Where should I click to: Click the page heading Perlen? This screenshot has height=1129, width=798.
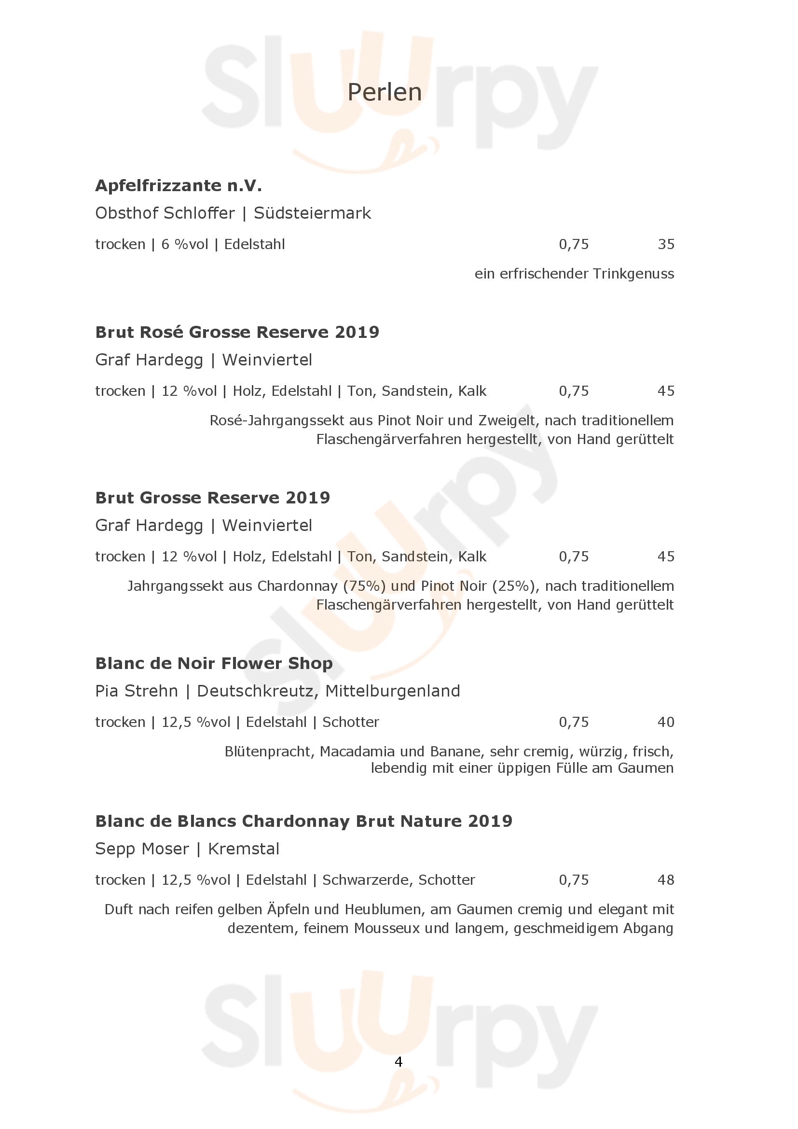click(384, 93)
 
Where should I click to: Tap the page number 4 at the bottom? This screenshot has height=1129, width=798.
click(399, 1061)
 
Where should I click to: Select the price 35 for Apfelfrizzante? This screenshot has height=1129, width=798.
click(666, 244)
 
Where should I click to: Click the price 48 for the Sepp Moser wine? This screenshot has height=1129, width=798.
click(666, 880)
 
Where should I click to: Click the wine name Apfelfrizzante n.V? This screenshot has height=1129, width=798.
click(179, 185)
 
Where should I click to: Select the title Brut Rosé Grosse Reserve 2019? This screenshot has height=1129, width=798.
click(237, 332)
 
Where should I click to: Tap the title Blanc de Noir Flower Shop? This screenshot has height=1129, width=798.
click(214, 663)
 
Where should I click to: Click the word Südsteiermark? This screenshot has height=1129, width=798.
click(312, 213)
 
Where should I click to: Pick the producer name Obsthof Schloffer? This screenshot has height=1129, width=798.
click(165, 213)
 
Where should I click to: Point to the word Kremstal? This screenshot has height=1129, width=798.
click(244, 849)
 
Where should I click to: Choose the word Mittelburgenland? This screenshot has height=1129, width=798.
click(393, 691)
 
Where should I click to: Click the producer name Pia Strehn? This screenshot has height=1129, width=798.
click(136, 691)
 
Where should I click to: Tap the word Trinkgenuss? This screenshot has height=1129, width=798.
click(633, 274)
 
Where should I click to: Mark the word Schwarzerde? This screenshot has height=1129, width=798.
click(367, 880)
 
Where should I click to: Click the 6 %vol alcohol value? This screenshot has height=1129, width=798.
click(185, 244)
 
